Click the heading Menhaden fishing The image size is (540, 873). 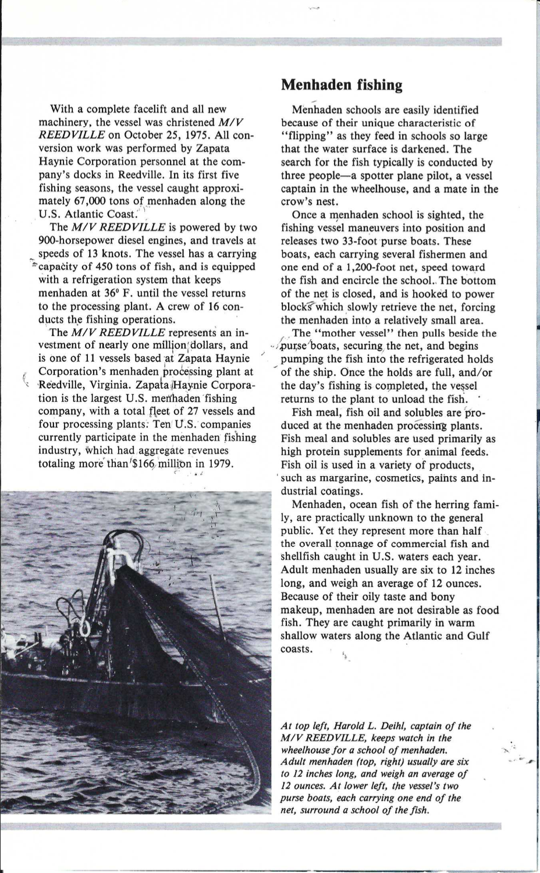click(x=342, y=86)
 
